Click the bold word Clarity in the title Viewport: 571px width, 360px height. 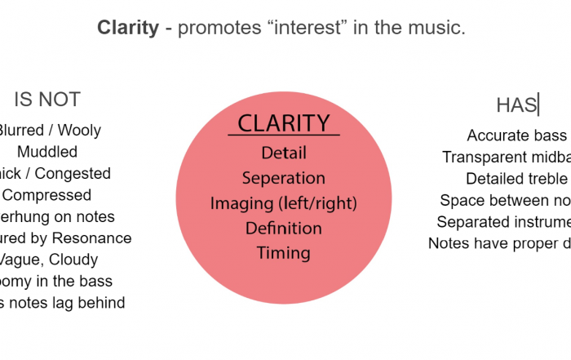click(x=127, y=28)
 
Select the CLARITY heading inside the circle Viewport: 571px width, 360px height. click(x=283, y=123)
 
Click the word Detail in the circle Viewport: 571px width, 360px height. click(x=284, y=153)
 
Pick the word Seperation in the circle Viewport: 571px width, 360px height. click(x=284, y=178)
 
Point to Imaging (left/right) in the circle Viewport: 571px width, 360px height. click(x=284, y=203)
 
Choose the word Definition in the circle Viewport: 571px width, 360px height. click(x=284, y=228)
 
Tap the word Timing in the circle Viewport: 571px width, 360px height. click(x=284, y=253)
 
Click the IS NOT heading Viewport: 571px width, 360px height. click(x=47, y=100)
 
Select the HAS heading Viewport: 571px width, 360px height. click(x=517, y=105)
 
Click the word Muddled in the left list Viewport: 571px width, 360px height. click(x=47, y=152)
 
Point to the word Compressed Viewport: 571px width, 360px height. click(x=47, y=195)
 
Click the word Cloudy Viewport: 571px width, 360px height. click(x=71, y=260)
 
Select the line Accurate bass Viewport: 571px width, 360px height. click(x=516, y=136)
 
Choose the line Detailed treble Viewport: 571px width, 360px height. click(x=516, y=179)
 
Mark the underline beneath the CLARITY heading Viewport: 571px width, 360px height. click(x=283, y=136)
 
